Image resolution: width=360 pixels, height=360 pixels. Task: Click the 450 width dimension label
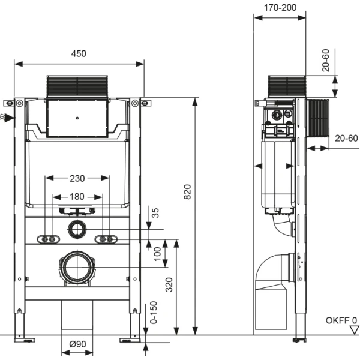click(x=79, y=53)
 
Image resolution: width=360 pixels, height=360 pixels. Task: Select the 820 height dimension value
click(x=187, y=191)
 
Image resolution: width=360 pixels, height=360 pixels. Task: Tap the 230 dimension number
click(x=77, y=178)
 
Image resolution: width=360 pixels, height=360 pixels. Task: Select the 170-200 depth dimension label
click(x=280, y=8)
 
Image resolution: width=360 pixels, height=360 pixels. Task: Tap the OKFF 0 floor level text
click(x=341, y=320)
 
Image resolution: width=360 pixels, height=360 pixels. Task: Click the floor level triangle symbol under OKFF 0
click(x=353, y=329)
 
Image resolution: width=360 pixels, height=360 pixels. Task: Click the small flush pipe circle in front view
click(x=77, y=229)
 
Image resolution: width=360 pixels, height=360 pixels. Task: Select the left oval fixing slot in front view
click(x=49, y=239)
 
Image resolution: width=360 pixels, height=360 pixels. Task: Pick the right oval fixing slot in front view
click(x=106, y=239)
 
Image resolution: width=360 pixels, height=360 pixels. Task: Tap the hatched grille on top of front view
click(x=77, y=88)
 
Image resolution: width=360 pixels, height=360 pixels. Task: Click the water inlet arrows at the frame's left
click(x=5, y=117)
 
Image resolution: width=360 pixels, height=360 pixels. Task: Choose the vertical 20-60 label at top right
click(x=325, y=60)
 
